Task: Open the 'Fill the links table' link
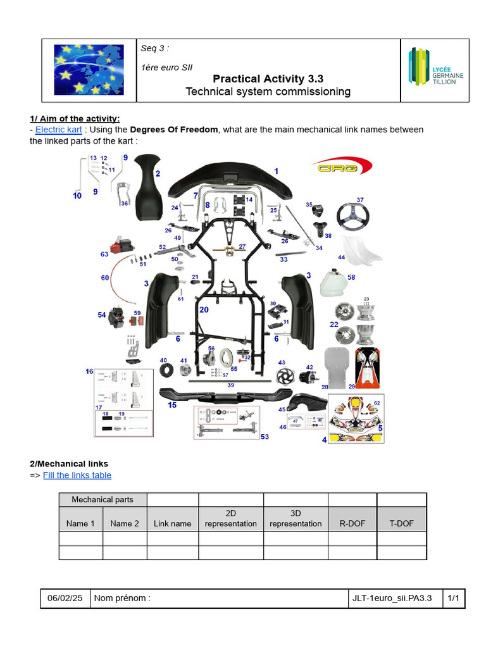coord(77,475)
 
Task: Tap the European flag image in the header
coord(89,70)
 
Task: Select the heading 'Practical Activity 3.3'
coord(268,78)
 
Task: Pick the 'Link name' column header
coord(172,523)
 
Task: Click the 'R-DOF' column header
coord(352,523)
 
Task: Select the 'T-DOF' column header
coord(401,523)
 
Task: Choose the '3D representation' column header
coord(296,518)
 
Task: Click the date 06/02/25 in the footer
coord(66,598)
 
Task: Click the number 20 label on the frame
coord(203,310)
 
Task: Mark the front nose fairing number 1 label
coord(276,171)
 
